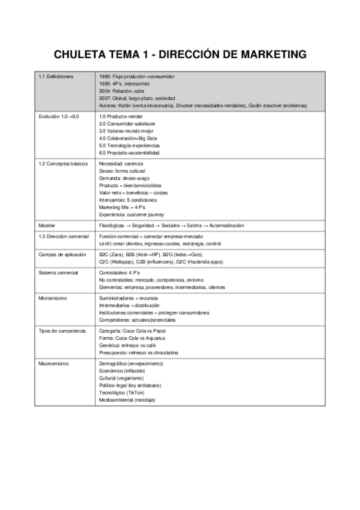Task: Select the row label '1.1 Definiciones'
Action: [x=55, y=77]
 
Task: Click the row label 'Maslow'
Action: [x=47, y=225]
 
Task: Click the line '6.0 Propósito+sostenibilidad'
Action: [x=135, y=152]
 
